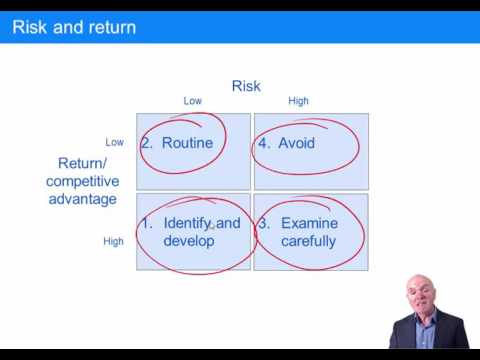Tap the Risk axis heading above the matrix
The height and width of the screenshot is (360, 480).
click(x=246, y=86)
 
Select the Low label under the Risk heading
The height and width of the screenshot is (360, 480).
click(x=193, y=101)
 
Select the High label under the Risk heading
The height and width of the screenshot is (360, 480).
click(x=298, y=101)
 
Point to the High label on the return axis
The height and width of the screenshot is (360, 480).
click(x=113, y=241)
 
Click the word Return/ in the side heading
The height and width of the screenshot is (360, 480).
click(x=82, y=162)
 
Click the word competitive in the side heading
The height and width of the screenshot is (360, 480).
click(x=82, y=180)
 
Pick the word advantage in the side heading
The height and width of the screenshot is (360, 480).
click(x=82, y=198)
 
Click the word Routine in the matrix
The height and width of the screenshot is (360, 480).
click(x=188, y=143)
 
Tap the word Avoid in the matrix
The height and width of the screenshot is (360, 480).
click(x=296, y=143)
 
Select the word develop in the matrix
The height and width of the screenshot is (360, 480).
click(x=189, y=241)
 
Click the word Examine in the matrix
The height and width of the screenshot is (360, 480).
click(x=309, y=223)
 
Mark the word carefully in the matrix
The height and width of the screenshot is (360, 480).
click(x=308, y=241)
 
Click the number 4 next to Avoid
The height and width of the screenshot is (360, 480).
click(x=263, y=143)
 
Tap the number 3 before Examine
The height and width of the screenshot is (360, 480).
click(x=263, y=223)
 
